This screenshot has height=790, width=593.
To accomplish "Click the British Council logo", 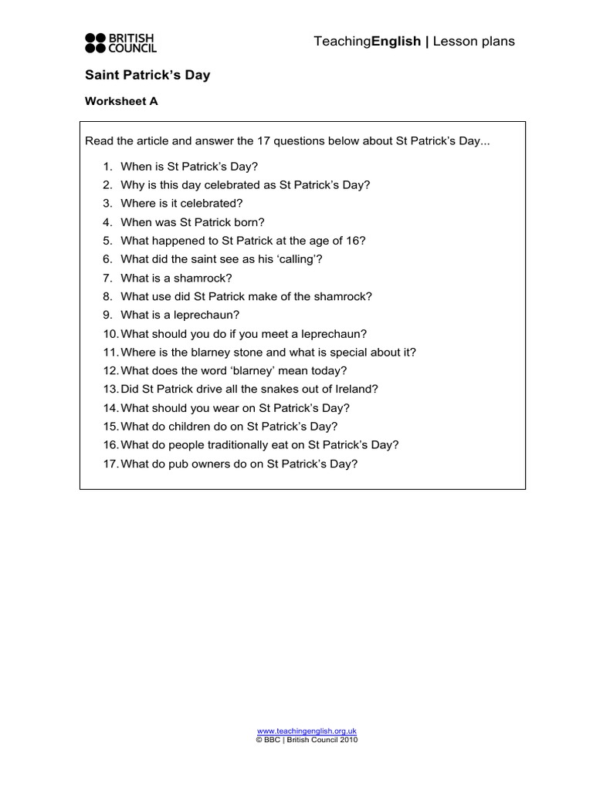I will (x=120, y=42).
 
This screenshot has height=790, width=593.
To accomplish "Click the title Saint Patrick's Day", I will (x=147, y=76).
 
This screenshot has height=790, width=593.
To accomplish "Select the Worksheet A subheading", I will (x=121, y=101).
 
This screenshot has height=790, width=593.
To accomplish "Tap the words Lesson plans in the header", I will (x=473, y=42).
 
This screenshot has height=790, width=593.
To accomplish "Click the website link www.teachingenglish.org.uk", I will (x=307, y=731).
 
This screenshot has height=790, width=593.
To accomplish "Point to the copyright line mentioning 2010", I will (x=307, y=739).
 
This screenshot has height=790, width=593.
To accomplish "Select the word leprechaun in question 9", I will (x=209, y=315).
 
